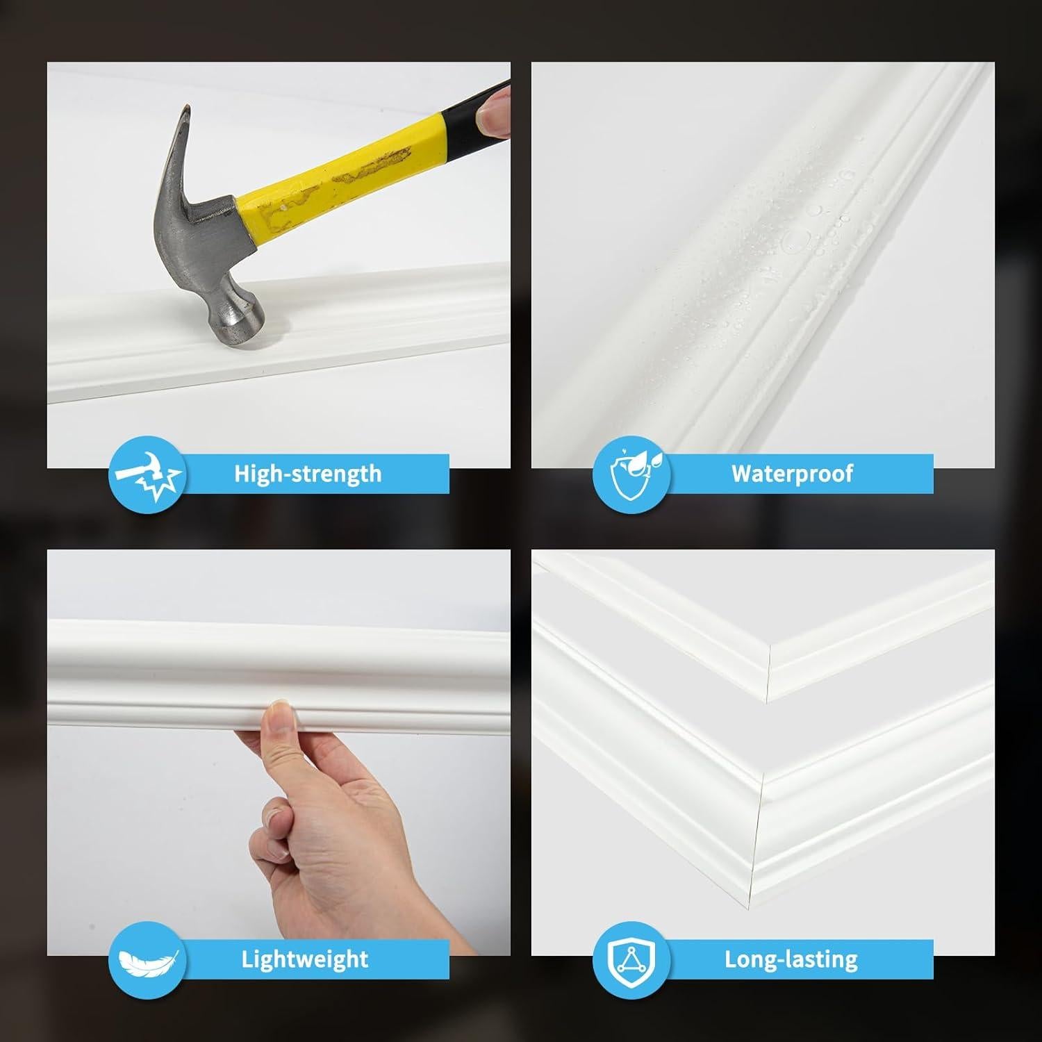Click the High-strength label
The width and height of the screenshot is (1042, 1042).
tap(308, 474)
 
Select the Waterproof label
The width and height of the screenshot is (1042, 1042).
tap(792, 474)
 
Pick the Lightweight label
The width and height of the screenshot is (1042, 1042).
tap(304, 959)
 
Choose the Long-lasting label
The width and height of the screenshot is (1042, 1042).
tap(791, 959)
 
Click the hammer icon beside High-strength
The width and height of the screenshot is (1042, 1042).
tap(147, 474)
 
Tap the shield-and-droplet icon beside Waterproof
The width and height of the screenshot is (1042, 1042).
tap(631, 474)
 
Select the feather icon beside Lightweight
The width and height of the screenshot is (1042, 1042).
tap(147, 960)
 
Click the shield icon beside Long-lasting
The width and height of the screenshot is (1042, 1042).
tap(631, 960)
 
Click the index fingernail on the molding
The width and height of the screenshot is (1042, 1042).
tap(279, 707)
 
